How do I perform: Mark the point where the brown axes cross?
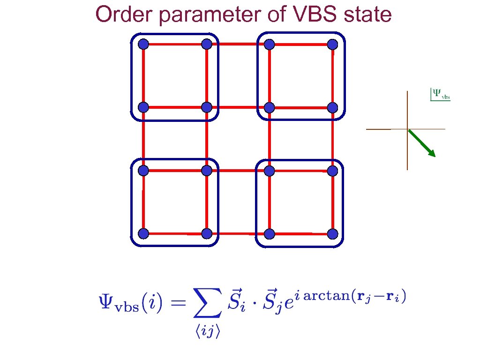(x=407, y=129)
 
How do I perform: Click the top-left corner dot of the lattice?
(x=143, y=45)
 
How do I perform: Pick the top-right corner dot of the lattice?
(x=332, y=45)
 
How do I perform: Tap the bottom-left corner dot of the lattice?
(x=143, y=233)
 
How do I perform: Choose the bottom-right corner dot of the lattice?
(x=332, y=233)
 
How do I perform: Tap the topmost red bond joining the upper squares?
(x=238, y=45)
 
